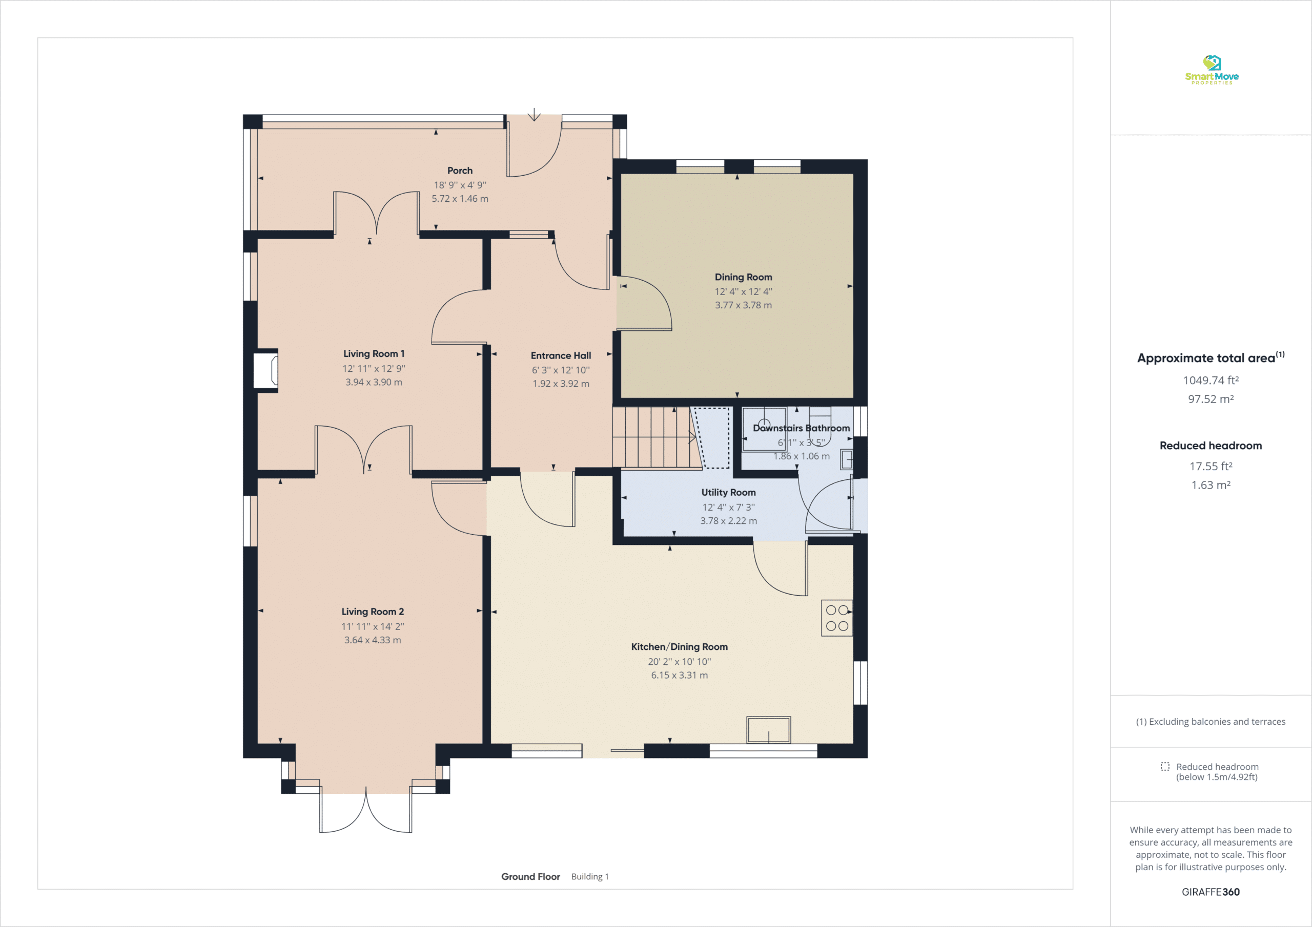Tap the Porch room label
pyautogui.click(x=460, y=171)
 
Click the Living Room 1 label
pyautogui.click(x=374, y=354)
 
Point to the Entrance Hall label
pyautogui.click(x=561, y=356)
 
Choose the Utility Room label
pyautogui.click(x=729, y=492)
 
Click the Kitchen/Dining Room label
pyautogui.click(x=680, y=646)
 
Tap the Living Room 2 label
pyautogui.click(x=373, y=612)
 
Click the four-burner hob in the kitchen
pyautogui.click(x=837, y=618)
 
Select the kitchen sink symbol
pyautogui.click(x=769, y=730)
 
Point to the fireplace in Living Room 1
pyautogui.click(x=265, y=371)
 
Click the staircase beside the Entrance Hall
pyautogui.click(x=657, y=438)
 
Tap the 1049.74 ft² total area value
pyautogui.click(x=1211, y=381)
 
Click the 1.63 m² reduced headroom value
pyautogui.click(x=1211, y=485)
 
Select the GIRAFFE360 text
pyautogui.click(x=1211, y=892)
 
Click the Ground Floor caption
pyautogui.click(x=530, y=877)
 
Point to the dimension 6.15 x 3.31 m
pyautogui.click(x=680, y=675)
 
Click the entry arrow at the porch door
pyautogui.click(x=534, y=115)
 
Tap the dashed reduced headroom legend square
pyautogui.click(x=1165, y=767)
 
